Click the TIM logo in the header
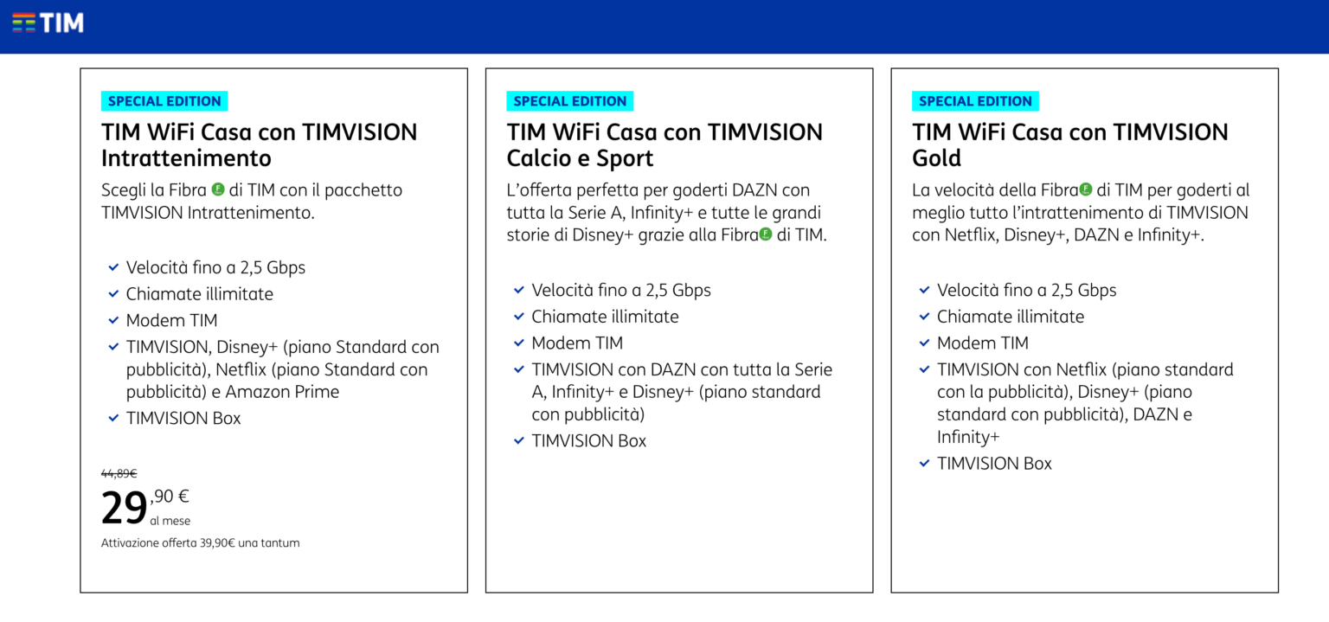48,22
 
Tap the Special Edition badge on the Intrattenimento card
164,101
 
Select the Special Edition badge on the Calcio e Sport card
569,101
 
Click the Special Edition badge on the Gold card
975,101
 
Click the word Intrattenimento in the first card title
186,159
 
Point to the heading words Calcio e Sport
580,159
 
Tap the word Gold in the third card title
936,159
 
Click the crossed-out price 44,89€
119,473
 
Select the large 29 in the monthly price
124,509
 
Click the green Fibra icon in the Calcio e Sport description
765,234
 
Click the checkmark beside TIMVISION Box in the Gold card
924,464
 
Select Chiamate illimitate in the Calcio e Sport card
605,317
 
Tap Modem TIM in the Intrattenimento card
171,321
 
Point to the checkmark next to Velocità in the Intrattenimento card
113,268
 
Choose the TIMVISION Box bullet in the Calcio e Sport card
588,441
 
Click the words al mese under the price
170,521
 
